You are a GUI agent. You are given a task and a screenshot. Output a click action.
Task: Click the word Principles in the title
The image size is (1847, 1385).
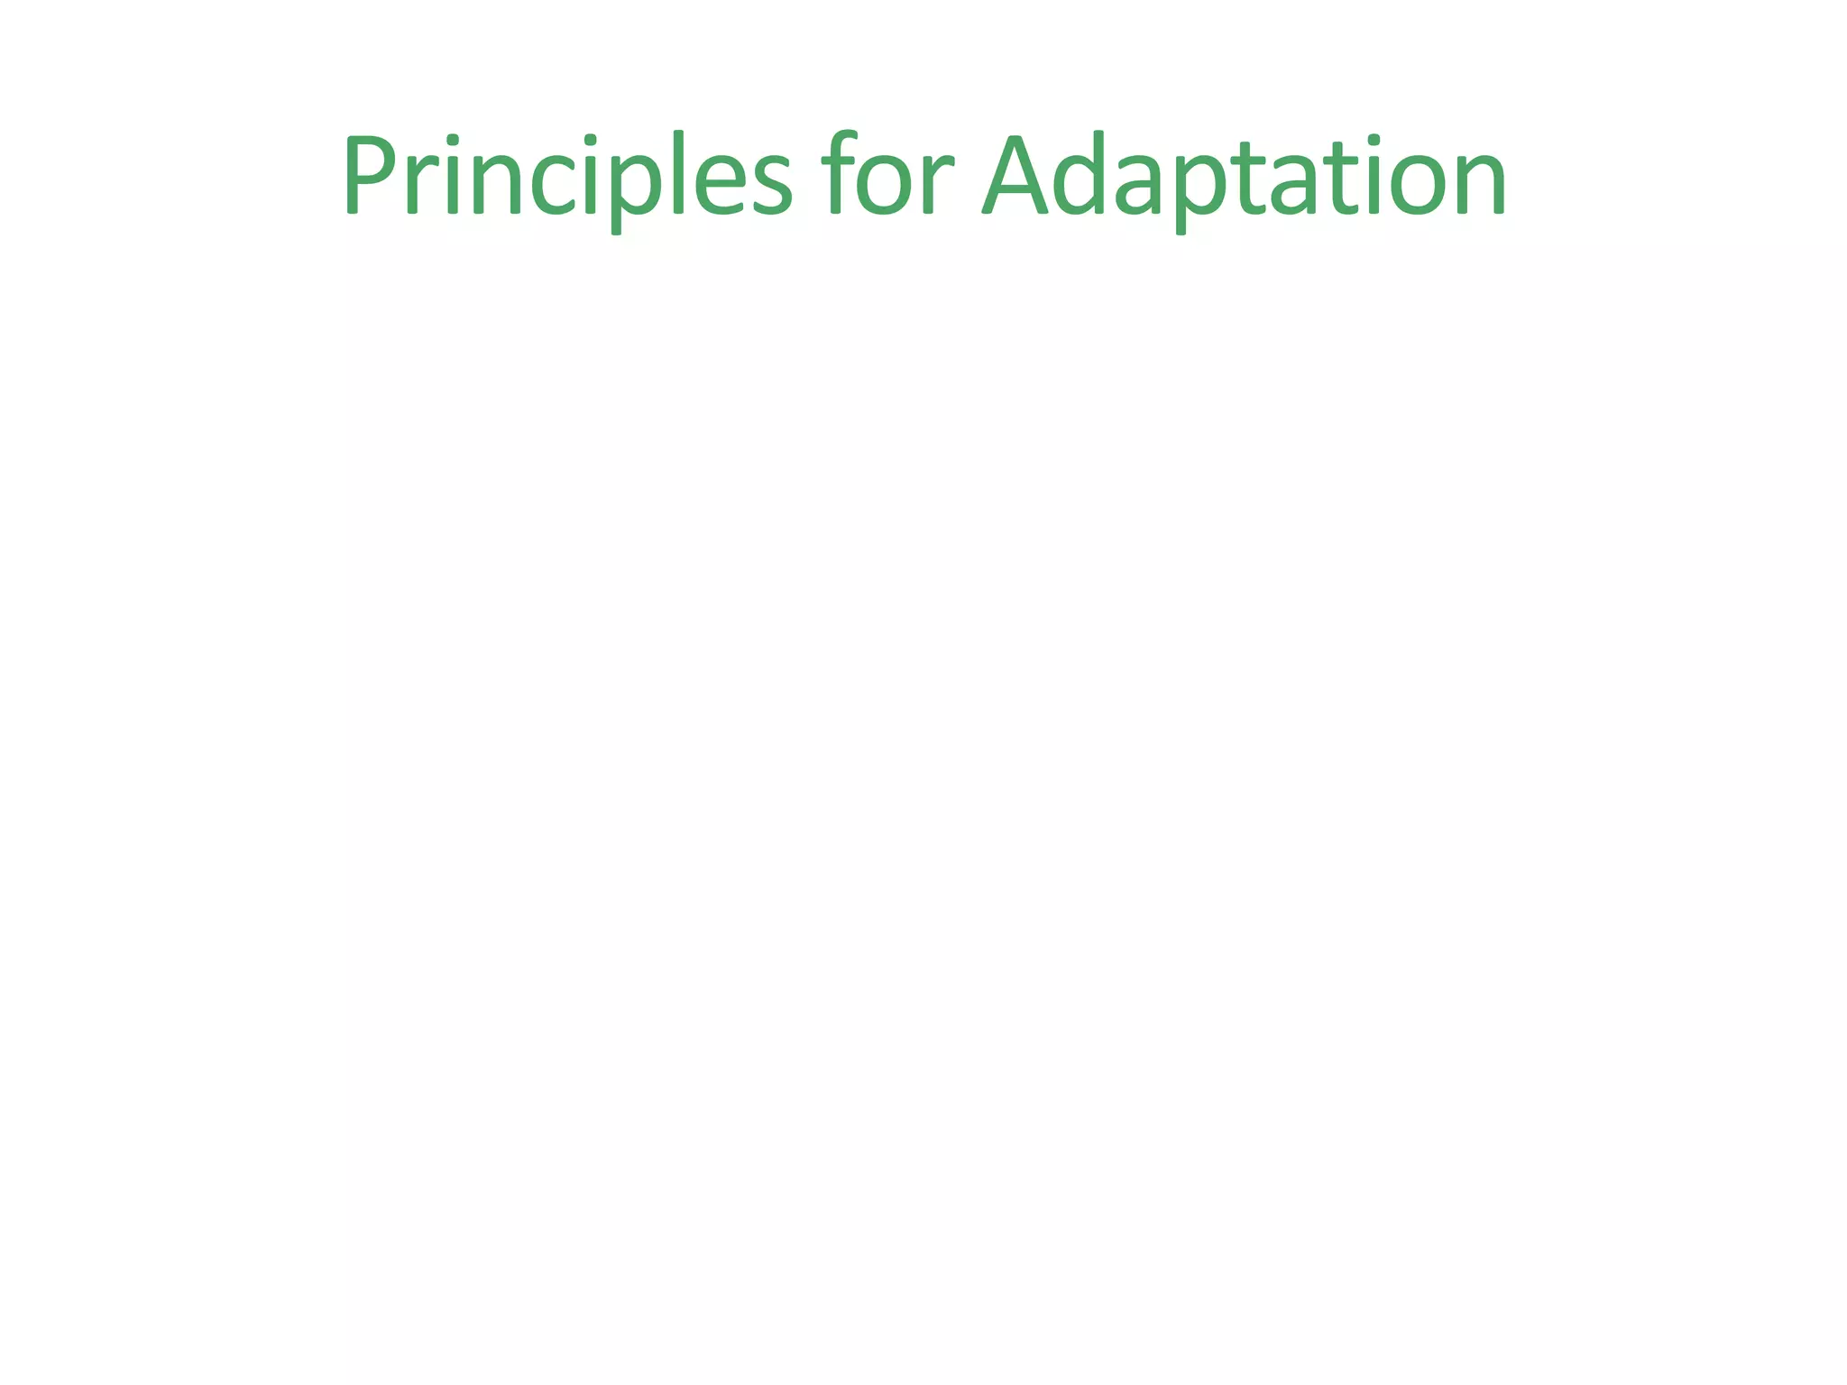point(566,175)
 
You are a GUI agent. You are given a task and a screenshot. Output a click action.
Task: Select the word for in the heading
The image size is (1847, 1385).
point(887,175)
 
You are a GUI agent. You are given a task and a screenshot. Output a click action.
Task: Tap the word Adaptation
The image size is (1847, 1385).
point(1245,175)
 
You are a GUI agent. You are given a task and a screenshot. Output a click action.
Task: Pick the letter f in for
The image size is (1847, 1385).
point(837,173)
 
